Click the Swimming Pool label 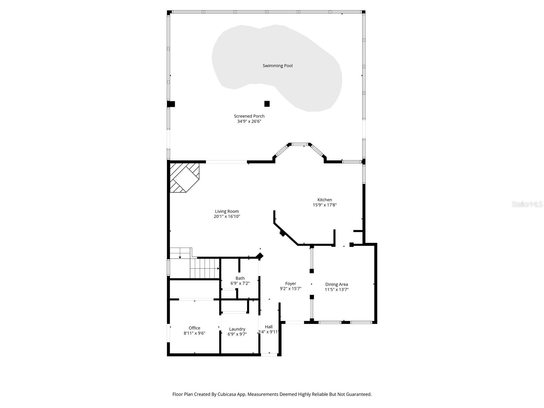277,66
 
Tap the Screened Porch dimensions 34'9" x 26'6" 249,121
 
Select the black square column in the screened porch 267,104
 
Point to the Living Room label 227,211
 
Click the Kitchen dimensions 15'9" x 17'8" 324,205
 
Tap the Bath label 240,278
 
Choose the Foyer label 290,284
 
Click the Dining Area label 336,284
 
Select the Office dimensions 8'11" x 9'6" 194,333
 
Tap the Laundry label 237,329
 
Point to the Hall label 269,327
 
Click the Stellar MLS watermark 527,204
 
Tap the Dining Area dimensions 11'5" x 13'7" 336,290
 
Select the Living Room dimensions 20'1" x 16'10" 227,216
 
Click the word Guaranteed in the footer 358,394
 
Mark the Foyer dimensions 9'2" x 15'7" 290,289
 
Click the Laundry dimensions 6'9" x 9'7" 237,334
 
